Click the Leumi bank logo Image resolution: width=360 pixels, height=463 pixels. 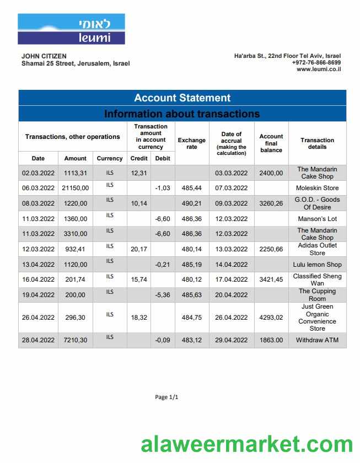tap(71, 29)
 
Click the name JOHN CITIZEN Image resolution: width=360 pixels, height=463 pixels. tap(44, 56)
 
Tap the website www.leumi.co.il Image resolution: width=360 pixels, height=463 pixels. tap(319, 69)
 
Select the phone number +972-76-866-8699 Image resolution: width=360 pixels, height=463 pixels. tap(316, 63)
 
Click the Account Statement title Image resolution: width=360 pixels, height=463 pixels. tap(182, 98)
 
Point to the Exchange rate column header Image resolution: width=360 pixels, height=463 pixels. tap(191, 143)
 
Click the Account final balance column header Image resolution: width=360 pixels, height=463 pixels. tap(271, 143)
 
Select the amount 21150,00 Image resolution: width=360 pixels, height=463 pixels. tap(75, 188)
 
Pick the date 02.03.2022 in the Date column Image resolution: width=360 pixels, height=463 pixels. tap(38, 173)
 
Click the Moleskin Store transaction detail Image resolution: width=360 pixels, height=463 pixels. tap(317, 188)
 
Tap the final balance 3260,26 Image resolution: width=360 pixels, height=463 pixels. tap(271, 203)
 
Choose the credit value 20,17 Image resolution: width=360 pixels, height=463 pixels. tap(139, 249)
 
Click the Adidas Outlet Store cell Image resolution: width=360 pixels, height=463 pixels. tap(317, 249)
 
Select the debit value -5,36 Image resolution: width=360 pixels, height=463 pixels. tap(163, 295)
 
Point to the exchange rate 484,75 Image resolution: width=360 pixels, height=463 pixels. tap(191, 317)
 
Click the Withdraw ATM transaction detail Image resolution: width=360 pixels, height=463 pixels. tap(317, 340)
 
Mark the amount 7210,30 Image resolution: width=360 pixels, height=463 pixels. tap(75, 340)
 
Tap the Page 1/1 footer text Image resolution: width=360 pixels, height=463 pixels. tap(166, 397)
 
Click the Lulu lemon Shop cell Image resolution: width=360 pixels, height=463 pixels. tap(317, 265)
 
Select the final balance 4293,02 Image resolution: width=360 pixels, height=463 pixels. tap(271, 317)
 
